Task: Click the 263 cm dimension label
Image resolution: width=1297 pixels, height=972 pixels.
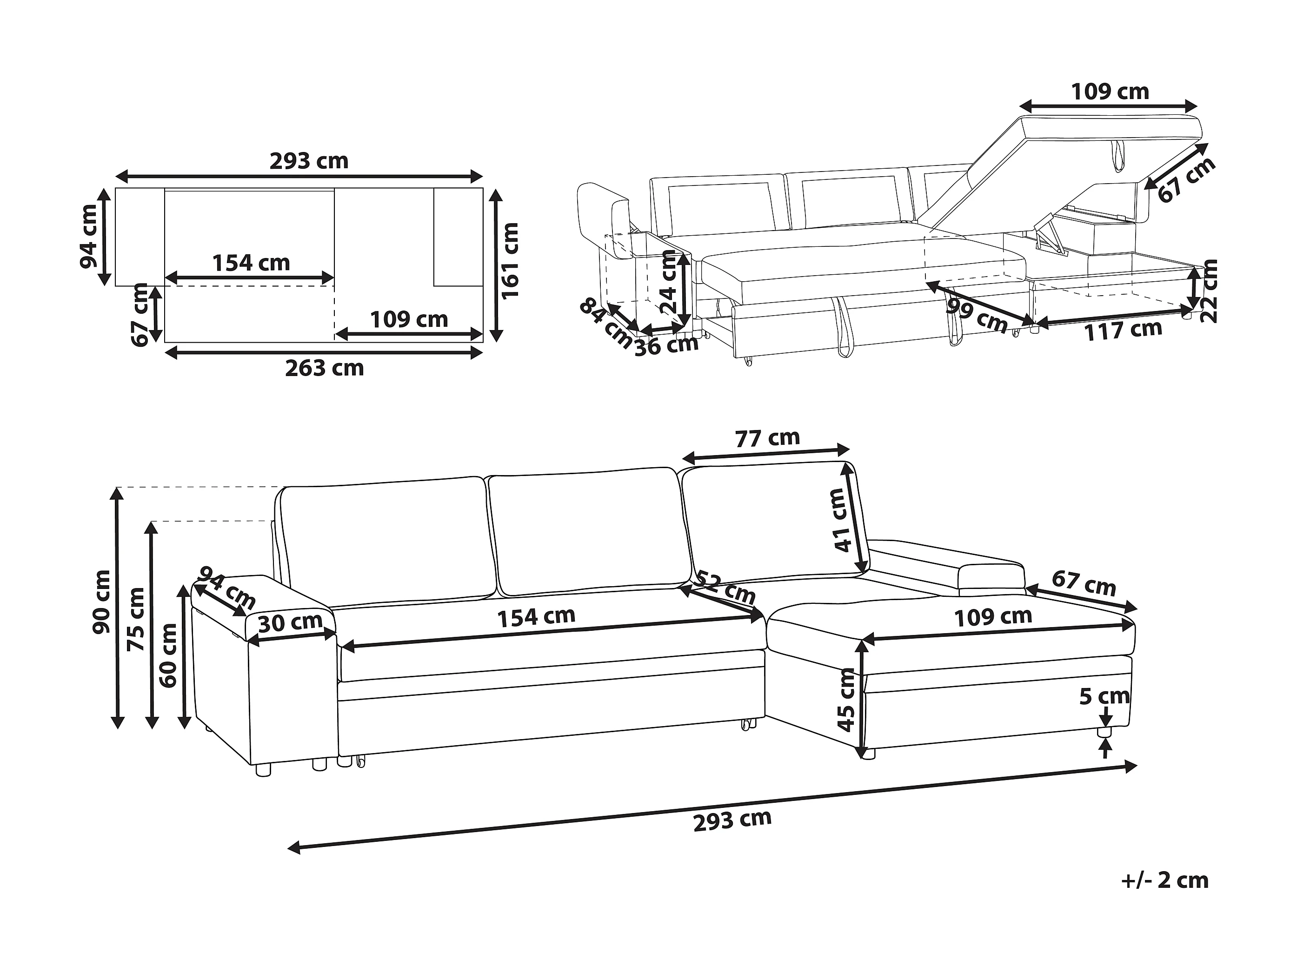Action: click(324, 368)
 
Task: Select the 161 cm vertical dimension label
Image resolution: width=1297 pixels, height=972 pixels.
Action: click(511, 260)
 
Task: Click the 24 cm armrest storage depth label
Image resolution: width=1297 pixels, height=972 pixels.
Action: click(670, 281)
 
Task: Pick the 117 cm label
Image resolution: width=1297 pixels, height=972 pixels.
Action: click(1123, 331)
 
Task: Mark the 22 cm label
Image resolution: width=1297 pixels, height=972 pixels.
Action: click(1209, 291)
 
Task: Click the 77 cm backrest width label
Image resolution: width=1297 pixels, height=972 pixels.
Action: click(767, 438)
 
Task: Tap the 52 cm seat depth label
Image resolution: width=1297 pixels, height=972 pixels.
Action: click(724, 588)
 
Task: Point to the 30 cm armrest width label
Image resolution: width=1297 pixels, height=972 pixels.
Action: click(290, 622)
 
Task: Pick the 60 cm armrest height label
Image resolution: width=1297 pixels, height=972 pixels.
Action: click(168, 655)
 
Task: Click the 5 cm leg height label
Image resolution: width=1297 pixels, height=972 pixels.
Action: click(1104, 696)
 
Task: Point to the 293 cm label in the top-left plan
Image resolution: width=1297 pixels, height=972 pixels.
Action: click(309, 161)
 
